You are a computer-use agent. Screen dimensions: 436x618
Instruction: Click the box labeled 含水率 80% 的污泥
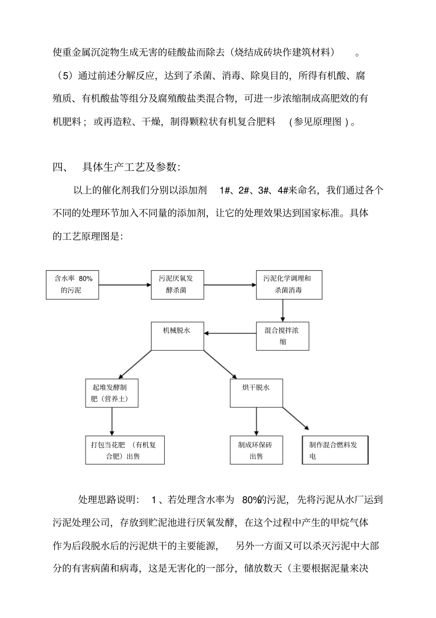click(73, 284)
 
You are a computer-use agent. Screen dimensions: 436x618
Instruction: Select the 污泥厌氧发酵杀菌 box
click(177, 284)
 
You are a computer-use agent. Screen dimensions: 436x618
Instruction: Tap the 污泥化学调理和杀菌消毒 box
click(289, 284)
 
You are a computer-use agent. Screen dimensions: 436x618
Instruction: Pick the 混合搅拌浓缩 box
click(282, 336)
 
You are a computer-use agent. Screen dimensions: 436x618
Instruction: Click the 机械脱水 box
click(177, 336)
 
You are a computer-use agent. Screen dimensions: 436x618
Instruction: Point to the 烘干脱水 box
click(256, 393)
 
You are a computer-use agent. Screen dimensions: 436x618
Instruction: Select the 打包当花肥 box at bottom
click(125, 450)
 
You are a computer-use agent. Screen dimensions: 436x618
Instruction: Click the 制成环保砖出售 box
click(256, 450)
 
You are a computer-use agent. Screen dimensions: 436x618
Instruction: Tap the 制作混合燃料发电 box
click(335, 450)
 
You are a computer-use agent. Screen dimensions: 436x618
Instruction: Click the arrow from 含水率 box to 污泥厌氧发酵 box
click(125, 285)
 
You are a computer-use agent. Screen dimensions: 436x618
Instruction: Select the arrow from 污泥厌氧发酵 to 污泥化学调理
click(229, 285)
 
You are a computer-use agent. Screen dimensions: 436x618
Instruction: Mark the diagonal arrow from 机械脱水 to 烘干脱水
click(219, 364)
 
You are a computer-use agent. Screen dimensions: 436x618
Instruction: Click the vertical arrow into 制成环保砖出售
click(256, 421)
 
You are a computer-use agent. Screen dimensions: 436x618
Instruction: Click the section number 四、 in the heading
click(60, 167)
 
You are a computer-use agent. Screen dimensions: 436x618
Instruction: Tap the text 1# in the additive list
click(225, 190)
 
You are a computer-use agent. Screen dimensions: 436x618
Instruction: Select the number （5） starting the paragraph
click(64, 76)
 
